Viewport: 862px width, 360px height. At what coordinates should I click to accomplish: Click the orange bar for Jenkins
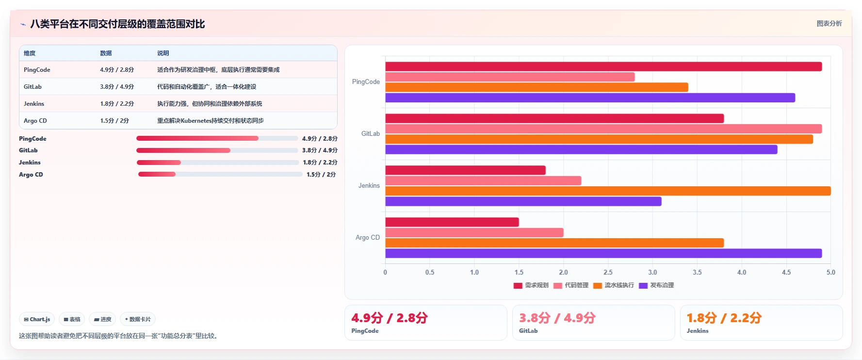[608, 191]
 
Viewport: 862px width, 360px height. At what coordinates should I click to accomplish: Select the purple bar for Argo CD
[603, 253]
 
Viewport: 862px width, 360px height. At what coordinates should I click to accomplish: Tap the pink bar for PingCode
[510, 77]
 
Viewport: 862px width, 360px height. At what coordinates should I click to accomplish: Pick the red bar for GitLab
[554, 118]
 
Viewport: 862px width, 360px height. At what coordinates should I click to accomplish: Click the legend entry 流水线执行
[613, 285]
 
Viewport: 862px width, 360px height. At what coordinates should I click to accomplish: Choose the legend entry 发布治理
[656, 285]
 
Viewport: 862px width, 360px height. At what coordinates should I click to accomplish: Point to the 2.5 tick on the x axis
[608, 272]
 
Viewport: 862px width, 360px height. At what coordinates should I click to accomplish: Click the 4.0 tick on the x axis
[742, 272]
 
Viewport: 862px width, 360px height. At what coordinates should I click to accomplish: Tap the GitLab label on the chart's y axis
[371, 133]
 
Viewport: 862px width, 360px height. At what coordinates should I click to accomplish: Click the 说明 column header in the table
[163, 53]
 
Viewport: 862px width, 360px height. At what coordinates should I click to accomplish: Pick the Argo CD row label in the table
[35, 121]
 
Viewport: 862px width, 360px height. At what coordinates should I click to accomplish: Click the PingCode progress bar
[217, 138]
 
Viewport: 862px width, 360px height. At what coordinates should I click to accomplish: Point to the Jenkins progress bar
[218, 163]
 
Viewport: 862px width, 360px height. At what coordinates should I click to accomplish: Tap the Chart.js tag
[37, 319]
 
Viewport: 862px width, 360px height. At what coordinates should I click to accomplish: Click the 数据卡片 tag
[138, 319]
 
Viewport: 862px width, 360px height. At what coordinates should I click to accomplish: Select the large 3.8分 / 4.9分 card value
[557, 318]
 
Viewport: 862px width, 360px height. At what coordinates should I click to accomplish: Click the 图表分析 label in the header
[829, 23]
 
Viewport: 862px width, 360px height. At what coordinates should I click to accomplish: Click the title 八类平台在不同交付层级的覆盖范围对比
[117, 24]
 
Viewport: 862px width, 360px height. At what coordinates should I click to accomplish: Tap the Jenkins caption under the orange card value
[698, 331]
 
